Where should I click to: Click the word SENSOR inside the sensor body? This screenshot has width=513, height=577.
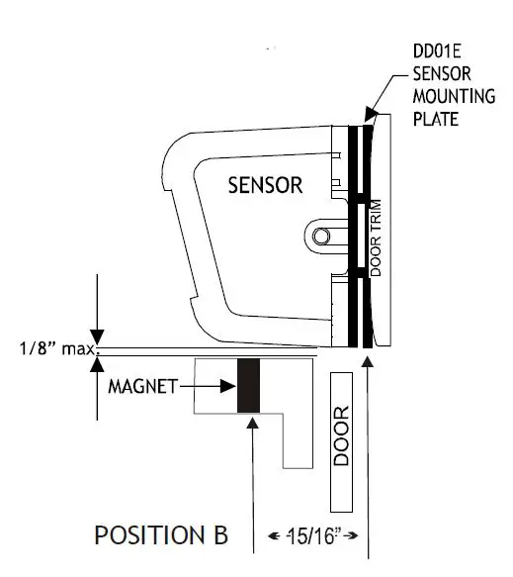point(265,185)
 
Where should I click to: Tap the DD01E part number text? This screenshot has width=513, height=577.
point(437,51)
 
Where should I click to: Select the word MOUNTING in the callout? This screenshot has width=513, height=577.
point(455,96)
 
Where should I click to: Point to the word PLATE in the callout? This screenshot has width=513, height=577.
point(436,119)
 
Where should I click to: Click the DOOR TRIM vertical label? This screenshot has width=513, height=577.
point(376,238)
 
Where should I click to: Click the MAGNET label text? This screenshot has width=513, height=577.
point(143,387)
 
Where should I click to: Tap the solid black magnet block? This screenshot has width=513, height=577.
point(248,386)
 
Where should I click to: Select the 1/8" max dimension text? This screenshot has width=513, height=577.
point(57,348)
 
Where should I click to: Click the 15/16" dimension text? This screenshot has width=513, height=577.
point(313,535)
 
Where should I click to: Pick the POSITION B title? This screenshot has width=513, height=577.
point(161,535)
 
